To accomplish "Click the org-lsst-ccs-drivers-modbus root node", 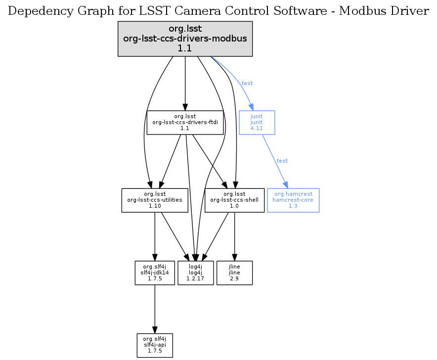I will [x=185, y=39].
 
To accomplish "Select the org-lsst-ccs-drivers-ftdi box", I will [x=185, y=122].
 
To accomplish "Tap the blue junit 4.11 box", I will [x=257, y=122].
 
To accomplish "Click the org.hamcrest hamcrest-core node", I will [x=293, y=200].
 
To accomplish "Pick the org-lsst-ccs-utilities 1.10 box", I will [x=155, y=200].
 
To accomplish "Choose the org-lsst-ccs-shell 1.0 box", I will [x=234, y=200].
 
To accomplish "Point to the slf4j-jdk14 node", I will [x=155, y=272].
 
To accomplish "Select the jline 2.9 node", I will [x=234, y=272].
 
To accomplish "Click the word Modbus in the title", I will [x=361, y=11].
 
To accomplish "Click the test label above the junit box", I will [x=247, y=83].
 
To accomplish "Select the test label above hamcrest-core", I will [x=282, y=161].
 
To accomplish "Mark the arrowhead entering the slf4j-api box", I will [x=155, y=330].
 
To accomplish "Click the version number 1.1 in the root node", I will [x=185, y=48].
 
